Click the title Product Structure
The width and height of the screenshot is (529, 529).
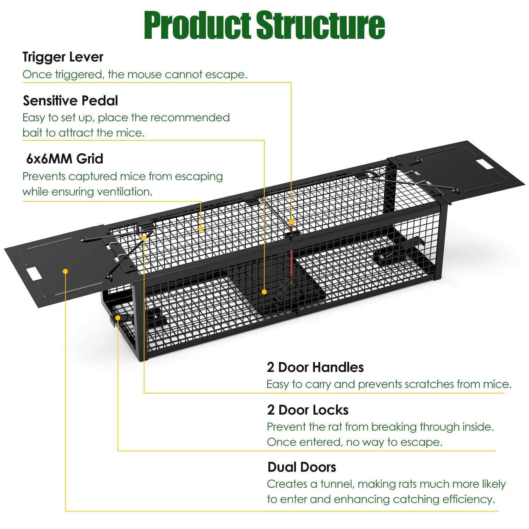[264, 25]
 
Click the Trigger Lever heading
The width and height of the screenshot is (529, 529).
[63, 57]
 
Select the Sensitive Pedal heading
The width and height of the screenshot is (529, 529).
[71, 101]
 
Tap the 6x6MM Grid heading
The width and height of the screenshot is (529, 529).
[65, 159]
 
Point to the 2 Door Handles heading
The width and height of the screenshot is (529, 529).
[315, 367]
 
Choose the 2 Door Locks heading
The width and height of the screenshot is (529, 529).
[308, 410]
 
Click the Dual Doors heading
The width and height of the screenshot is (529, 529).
[302, 467]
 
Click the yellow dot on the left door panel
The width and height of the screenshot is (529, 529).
[65, 271]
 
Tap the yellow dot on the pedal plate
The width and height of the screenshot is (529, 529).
[264, 292]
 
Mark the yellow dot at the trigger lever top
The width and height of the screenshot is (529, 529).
[291, 221]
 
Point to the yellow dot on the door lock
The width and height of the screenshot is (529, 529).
[118, 318]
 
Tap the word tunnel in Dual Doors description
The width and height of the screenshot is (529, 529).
[336, 484]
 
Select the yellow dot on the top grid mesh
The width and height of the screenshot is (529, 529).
[201, 229]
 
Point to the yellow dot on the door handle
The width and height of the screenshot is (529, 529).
[144, 238]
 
